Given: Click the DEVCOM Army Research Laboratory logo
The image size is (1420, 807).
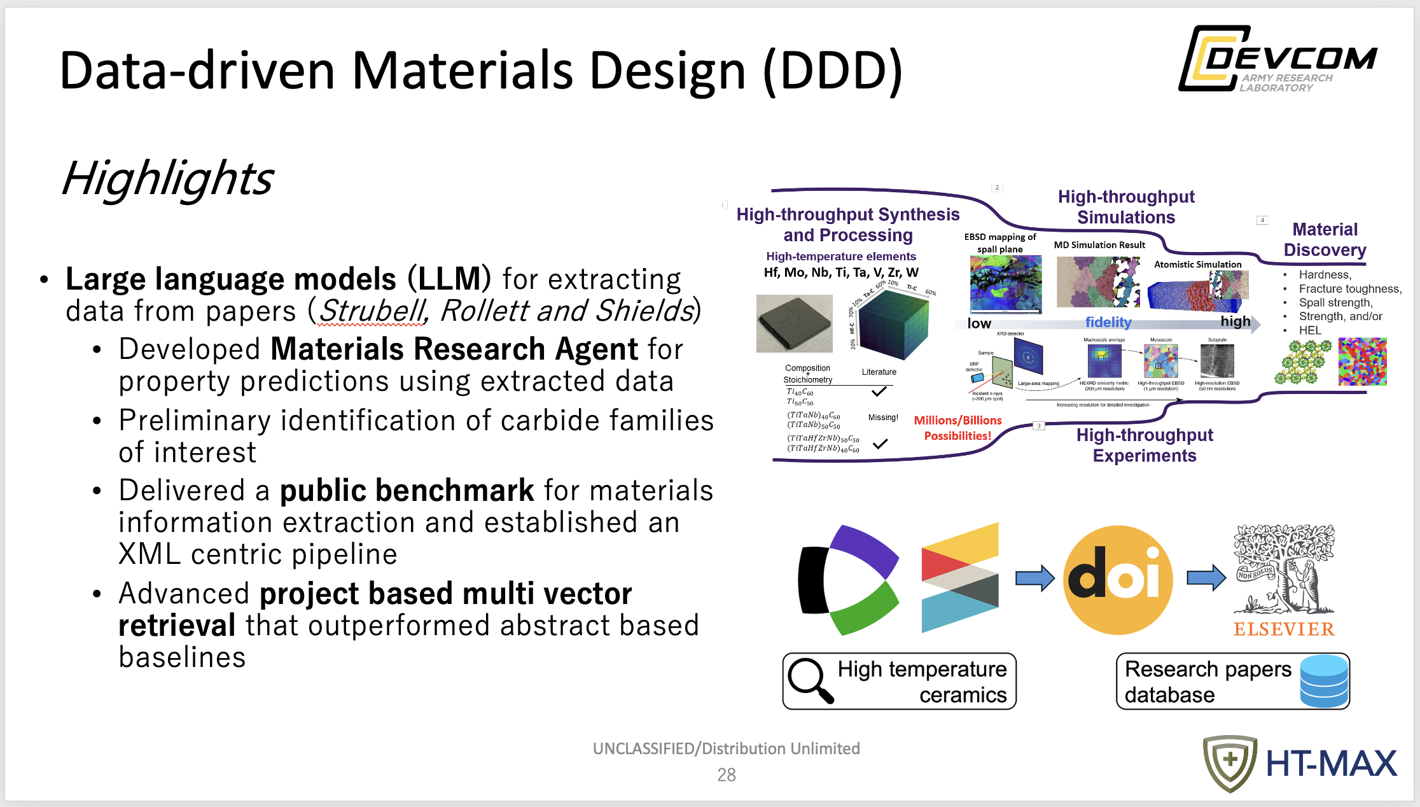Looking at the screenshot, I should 1277,59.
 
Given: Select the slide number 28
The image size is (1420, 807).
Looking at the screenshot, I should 726,775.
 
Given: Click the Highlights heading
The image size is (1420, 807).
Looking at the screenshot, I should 168,178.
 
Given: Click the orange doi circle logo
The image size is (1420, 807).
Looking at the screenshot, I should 1118,580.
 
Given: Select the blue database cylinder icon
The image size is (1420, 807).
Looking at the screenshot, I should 1324,681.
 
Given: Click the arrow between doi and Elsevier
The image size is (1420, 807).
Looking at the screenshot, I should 1206,578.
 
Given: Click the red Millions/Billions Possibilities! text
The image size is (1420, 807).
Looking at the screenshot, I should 957,428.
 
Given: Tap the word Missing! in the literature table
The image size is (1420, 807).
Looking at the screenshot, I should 883,418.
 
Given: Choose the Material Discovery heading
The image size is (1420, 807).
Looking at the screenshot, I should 1325,239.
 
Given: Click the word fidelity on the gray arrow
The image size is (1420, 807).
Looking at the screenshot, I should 1108,323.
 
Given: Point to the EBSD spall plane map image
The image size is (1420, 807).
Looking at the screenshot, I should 1006,284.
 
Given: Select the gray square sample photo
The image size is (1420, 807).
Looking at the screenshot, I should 794,323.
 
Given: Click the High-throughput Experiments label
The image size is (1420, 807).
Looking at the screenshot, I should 1145,445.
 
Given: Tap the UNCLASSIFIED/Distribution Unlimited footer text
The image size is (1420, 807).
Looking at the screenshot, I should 726,748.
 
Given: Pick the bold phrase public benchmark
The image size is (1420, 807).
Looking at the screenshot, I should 407,491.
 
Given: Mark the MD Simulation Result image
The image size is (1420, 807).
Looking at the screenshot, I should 1098,282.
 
